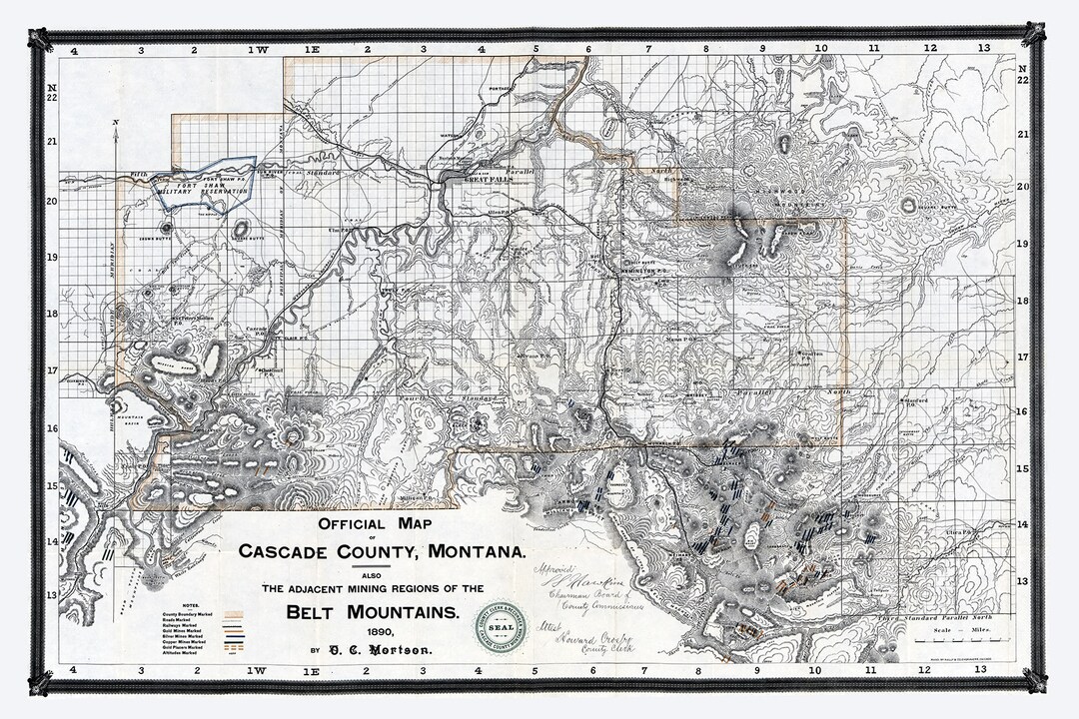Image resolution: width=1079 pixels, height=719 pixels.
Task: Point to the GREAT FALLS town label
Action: point(491,178)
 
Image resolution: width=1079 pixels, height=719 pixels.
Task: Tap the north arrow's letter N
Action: point(117,123)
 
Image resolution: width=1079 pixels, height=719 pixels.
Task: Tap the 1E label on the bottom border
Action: point(311,668)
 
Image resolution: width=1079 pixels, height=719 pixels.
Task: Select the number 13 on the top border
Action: point(983,48)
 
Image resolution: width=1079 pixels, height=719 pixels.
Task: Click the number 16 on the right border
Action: point(1022,410)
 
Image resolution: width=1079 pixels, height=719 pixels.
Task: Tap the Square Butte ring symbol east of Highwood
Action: point(909,205)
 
